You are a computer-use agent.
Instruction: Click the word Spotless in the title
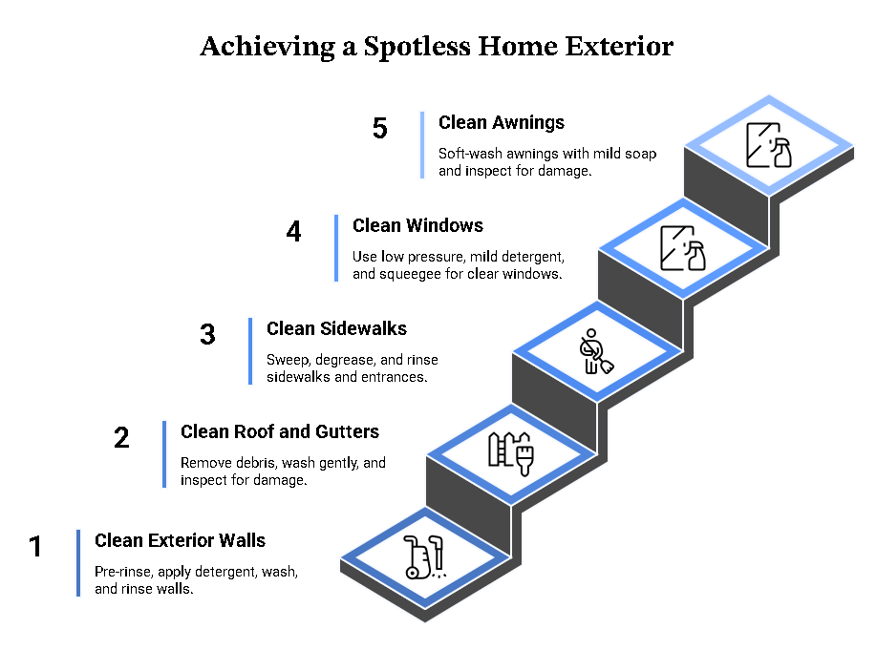tap(417, 47)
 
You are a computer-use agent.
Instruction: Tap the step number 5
tap(380, 128)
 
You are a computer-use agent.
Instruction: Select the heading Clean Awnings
tap(502, 122)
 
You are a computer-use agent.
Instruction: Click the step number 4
tap(293, 231)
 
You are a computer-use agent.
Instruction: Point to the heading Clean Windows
tap(417, 225)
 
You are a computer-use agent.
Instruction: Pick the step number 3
tap(207, 334)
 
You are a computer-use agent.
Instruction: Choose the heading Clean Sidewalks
tap(336, 328)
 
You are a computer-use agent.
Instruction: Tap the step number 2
tap(121, 437)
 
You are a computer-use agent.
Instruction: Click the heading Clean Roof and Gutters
tap(280, 431)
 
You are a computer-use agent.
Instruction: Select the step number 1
tap(35, 546)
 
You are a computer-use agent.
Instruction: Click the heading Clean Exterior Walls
tap(181, 540)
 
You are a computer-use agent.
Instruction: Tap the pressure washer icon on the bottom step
tap(424, 556)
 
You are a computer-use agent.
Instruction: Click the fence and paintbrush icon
tap(511, 453)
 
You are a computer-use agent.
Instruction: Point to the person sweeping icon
tap(596, 351)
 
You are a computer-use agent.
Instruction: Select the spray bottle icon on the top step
tap(769, 145)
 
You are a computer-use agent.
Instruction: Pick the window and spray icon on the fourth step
tap(683, 248)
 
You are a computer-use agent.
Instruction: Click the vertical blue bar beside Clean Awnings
tap(422, 145)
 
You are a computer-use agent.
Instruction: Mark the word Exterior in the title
tap(619, 47)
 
